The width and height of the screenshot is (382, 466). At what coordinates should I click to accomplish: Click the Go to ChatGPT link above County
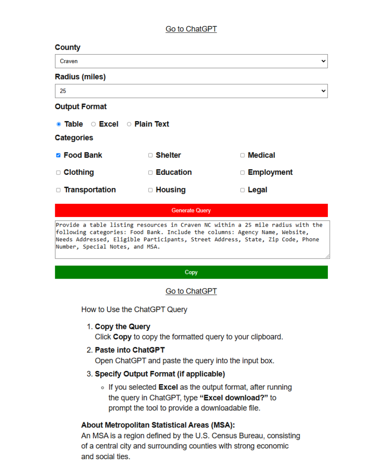coord(191,29)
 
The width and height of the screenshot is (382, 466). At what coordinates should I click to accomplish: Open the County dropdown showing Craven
coord(191,61)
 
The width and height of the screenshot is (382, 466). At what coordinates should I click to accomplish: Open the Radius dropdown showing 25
coord(191,91)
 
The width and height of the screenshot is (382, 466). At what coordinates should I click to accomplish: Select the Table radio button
coord(59,124)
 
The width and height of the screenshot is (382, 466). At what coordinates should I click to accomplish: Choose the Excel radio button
coord(93,124)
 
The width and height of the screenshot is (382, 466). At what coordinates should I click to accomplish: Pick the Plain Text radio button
coord(129,124)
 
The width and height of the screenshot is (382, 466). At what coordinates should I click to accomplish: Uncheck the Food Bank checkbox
coord(58,155)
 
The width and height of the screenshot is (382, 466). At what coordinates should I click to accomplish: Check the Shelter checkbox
coord(150,155)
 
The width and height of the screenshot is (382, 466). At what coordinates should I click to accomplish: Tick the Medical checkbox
coord(242,155)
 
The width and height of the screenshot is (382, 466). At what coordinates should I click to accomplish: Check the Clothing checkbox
coord(58,172)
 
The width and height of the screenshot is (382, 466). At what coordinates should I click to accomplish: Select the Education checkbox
coord(150,172)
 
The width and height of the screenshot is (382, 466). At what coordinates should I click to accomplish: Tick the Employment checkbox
coord(242,172)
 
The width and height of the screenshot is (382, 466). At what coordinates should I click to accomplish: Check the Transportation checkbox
coord(58,190)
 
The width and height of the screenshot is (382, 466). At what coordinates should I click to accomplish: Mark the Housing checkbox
coord(150,190)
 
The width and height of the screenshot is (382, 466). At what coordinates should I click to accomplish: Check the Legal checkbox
coord(242,190)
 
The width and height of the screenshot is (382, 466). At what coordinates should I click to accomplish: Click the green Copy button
coord(191,272)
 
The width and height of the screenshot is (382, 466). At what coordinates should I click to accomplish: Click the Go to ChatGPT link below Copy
coord(191,291)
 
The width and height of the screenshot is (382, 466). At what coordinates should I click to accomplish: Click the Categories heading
coord(74,138)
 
